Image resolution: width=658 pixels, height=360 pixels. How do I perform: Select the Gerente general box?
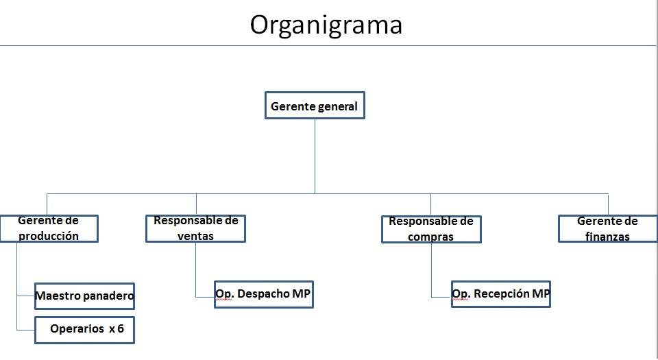(315, 106)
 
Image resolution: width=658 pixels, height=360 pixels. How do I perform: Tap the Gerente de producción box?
(49, 228)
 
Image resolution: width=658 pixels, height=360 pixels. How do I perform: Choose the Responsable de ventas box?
(195, 228)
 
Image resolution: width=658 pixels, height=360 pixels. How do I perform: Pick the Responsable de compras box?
(431, 229)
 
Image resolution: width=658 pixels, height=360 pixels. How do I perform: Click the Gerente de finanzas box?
(608, 228)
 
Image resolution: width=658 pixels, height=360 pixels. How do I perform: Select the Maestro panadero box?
(85, 296)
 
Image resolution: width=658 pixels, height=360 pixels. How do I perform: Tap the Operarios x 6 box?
(85, 331)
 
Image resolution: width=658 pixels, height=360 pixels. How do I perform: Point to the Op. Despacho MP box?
(264, 295)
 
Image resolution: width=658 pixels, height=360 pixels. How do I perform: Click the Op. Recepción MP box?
(501, 294)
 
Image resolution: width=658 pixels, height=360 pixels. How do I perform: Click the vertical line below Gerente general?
(315, 156)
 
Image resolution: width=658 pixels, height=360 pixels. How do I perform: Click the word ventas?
(195, 236)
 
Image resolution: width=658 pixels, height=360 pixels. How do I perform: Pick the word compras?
(430, 237)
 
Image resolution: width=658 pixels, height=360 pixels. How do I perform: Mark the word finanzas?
(607, 237)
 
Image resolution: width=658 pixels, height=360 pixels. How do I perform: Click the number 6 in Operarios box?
(121, 328)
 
